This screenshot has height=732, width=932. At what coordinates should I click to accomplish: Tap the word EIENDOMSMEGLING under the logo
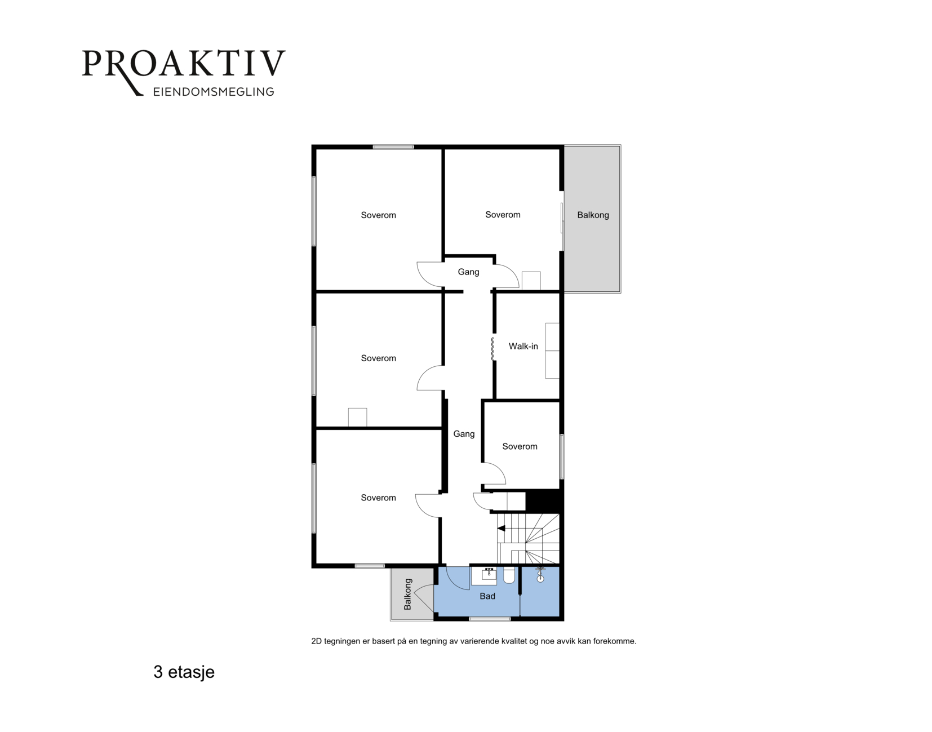(x=214, y=92)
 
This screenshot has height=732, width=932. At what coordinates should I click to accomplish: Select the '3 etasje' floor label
(x=184, y=672)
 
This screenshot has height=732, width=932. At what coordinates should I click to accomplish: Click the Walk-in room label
(x=523, y=346)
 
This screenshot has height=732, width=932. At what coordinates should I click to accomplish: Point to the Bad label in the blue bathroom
(x=487, y=596)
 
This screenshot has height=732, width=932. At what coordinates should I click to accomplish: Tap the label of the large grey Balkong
(x=593, y=215)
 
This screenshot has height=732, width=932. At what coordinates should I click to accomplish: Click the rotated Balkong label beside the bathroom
(x=407, y=594)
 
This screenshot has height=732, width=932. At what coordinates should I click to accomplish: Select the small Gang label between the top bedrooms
(x=468, y=272)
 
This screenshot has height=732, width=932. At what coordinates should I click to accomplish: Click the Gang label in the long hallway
(x=464, y=434)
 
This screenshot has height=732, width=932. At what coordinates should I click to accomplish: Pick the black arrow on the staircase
(x=501, y=529)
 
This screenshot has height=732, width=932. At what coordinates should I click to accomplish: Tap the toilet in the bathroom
(x=509, y=575)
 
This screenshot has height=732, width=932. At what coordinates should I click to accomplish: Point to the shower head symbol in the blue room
(x=540, y=575)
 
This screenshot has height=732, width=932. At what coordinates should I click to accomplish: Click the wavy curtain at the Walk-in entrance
(x=492, y=349)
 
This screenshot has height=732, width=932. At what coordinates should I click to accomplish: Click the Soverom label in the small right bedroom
(x=520, y=446)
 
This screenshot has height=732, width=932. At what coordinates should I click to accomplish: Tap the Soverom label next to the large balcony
(x=503, y=214)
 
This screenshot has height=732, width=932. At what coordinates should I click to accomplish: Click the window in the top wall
(x=393, y=147)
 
